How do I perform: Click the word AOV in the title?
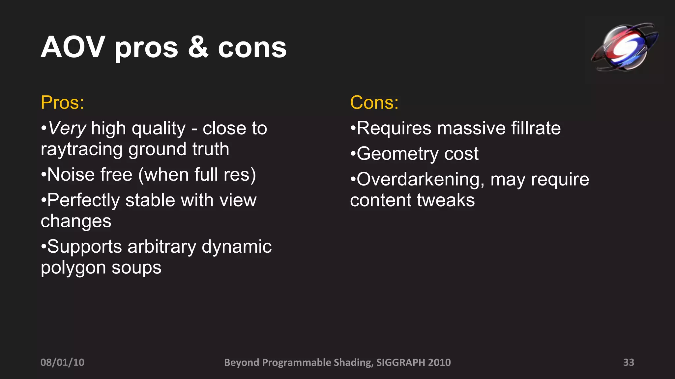coord(73,48)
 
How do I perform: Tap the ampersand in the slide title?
coord(198,48)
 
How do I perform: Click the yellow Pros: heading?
coord(62,103)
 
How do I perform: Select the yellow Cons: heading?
coord(374,103)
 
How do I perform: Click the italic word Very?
coord(67,128)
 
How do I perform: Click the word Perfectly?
coord(83,201)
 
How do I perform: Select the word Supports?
coord(84,247)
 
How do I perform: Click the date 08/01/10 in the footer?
coord(62,362)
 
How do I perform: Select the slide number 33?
coord(629,362)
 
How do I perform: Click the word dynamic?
coord(236,247)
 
